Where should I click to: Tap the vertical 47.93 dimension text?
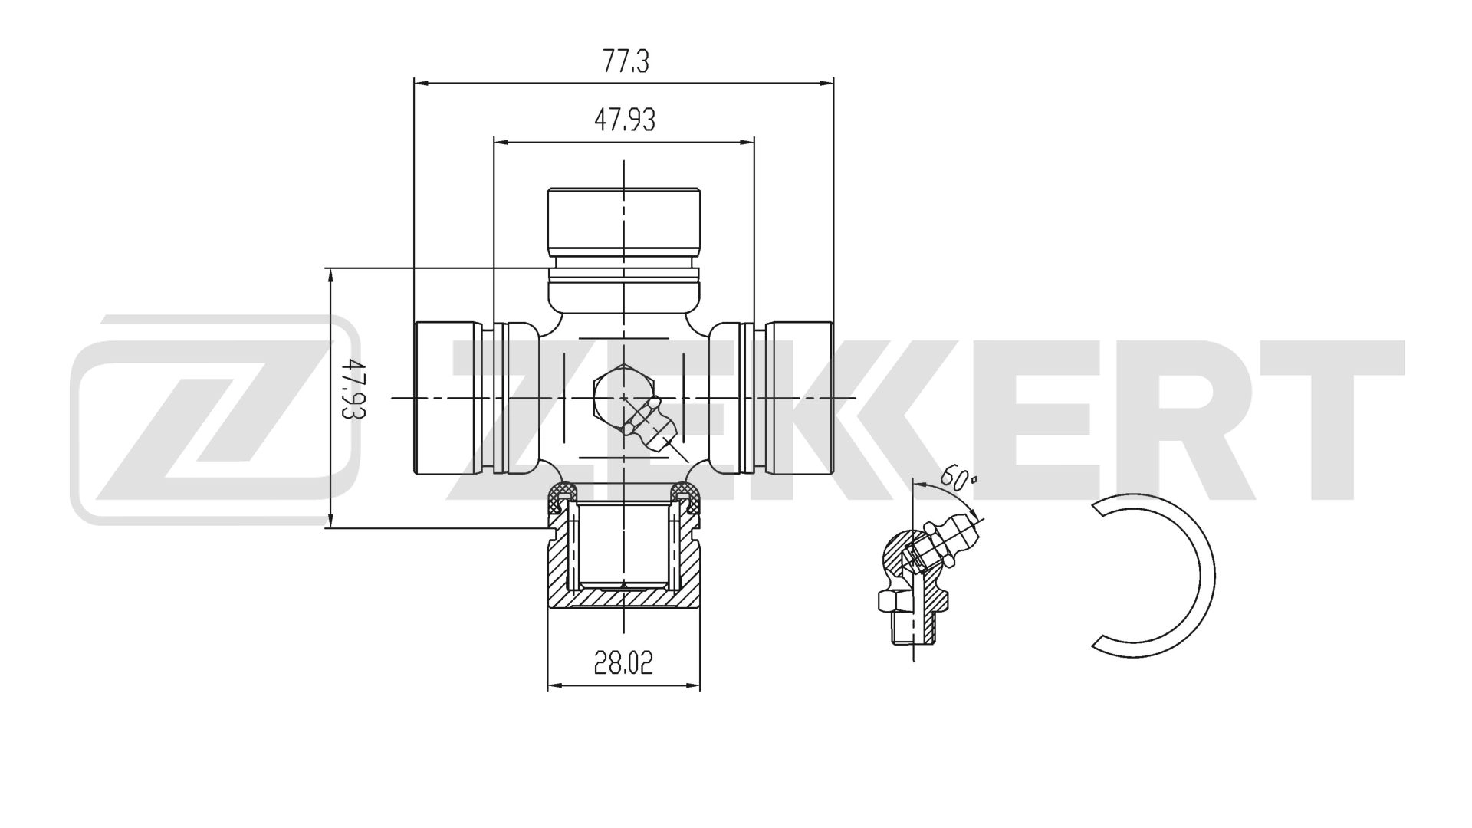coord(353,397)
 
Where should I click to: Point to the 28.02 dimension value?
coord(624,662)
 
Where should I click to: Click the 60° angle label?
coord(958,478)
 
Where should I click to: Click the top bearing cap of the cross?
coord(624,222)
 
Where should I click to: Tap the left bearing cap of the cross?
coord(449,397)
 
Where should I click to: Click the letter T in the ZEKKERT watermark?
coord(1334,419)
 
